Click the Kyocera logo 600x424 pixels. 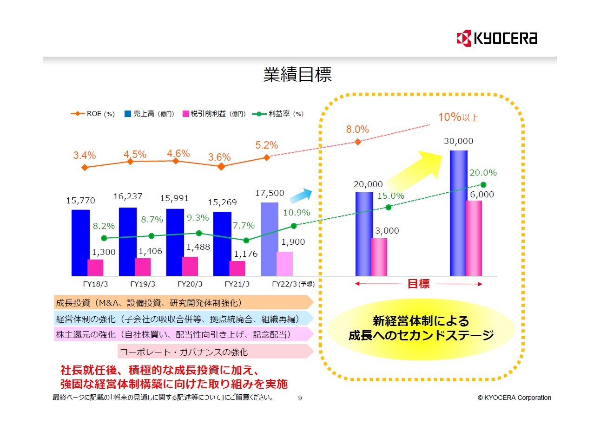click(497, 38)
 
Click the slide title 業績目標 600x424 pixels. click(297, 75)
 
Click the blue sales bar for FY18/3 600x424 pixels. click(80, 242)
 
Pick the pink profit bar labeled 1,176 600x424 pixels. click(237, 268)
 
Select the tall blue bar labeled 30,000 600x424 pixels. click(458, 213)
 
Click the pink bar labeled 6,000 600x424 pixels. click(474, 238)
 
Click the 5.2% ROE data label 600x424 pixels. click(266, 145)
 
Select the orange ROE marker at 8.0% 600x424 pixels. click(357, 142)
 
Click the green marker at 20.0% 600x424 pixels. click(483, 184)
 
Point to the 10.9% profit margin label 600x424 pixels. click(297, 213)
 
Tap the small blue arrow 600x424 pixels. click(300, 196)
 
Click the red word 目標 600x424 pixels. click(418, 284)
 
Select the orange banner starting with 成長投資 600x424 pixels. click(181, 303)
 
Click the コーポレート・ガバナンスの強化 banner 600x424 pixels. click(214, 352)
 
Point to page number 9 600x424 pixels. click(300, 398)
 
